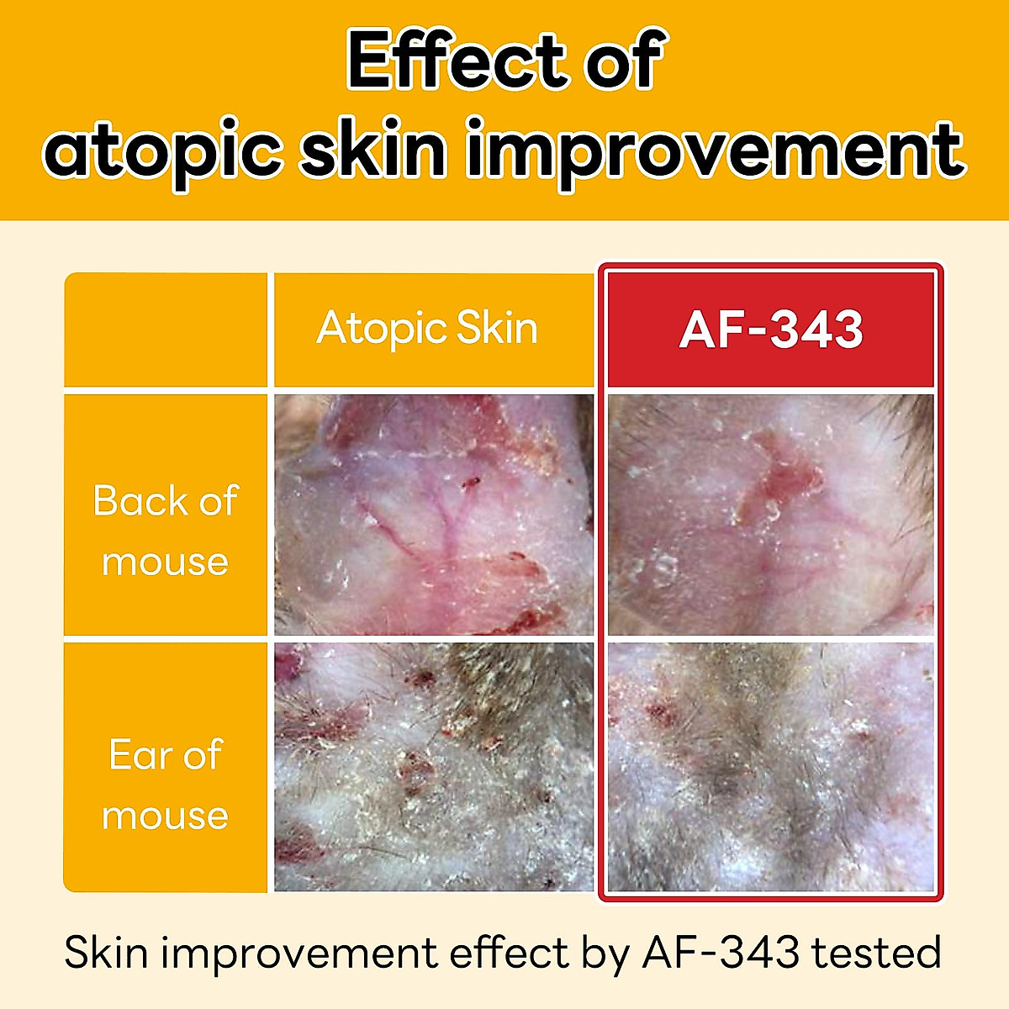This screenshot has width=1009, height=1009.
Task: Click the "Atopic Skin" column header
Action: [427, 329]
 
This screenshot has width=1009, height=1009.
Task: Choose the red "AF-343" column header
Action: [771, 330]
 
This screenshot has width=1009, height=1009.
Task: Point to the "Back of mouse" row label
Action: [166, 531]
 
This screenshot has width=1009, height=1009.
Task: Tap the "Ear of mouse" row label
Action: [166, 784]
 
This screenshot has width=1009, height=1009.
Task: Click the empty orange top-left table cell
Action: [166, 330]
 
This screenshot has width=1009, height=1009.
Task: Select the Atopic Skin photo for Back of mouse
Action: [434, 515]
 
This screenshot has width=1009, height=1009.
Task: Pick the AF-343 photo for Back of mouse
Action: [771, 515]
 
